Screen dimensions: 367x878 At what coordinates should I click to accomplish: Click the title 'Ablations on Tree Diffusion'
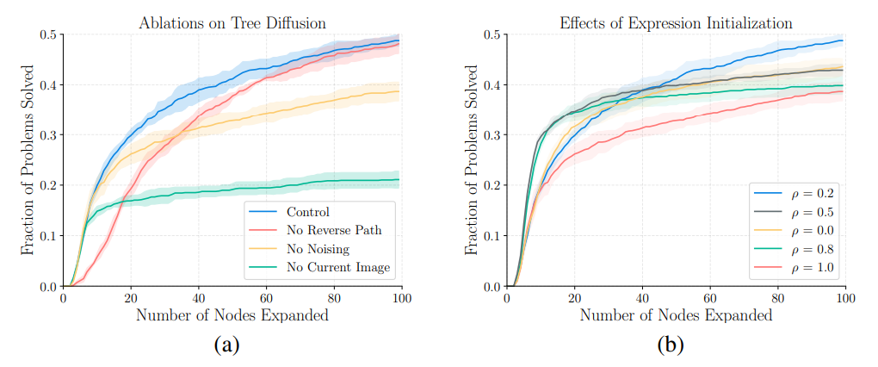pyautogui.click(x=232, y=23)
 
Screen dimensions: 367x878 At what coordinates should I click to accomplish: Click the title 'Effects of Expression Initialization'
pyautogui.click(x=676, y=23)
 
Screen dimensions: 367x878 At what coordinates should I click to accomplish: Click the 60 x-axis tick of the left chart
pyautogui.click(x=266, y=297)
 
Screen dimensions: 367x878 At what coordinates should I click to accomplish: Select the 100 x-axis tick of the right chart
pyautogui.click(x=845, y=297)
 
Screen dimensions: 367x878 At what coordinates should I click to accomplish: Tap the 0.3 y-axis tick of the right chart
pyautogui.click(x=492, y=136)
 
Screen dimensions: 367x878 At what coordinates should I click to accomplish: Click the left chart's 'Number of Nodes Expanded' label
pyautogui.click(x=232, y=315)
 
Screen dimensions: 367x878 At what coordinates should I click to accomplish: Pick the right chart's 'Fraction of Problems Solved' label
pyautogui.click(x=471, y=160)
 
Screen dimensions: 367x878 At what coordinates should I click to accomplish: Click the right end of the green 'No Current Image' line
pyautogui.click(x=399, y=179)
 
